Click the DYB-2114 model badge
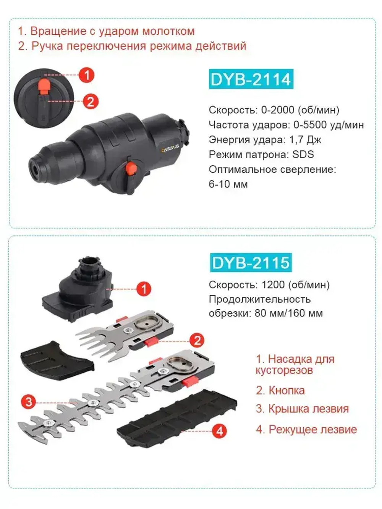pyautogui.click(x=251, y=79)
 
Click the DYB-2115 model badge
pyautogui.click(x=251, y=263)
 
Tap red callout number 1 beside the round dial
pyautogui.click(x=87, y=75)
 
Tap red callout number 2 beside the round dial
pyautogui.click(x=91, y=102)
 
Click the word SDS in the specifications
pyautogui.click(x=303, y=155)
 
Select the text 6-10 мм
pyautogui.click(x=228, y=184)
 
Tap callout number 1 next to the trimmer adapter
pyautogui.click(x=144, y=289)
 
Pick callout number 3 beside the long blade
pyautogui.click(x=29, y=402)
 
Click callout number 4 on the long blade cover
pyautogui.click(x=219, y=431)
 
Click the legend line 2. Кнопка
pyautogui.click(x=280, y=390)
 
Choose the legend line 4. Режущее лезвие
pyautogui.click(x=306, y=429)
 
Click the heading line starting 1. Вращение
pyautogui.click(x=106, y=31)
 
